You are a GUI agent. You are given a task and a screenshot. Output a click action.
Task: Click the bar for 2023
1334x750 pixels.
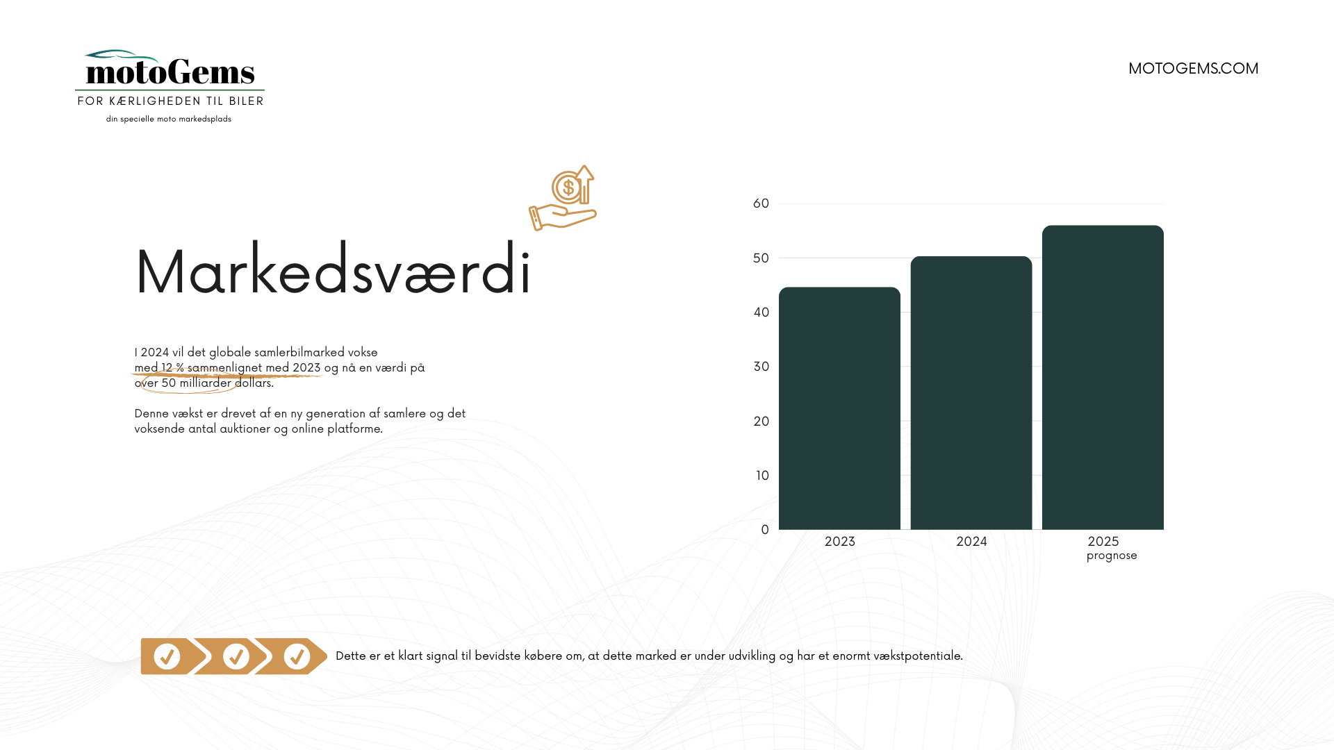[x=839, y=408]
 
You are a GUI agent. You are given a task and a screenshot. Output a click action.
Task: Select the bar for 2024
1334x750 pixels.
[x=971, y=393]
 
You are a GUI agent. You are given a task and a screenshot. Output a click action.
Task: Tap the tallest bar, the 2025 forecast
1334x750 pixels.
[x=1103, y=377]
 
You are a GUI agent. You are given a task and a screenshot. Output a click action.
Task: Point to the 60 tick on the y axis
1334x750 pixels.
[x=761, y=203]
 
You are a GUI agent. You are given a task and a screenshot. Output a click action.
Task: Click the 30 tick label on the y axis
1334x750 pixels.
[x=761, y=367]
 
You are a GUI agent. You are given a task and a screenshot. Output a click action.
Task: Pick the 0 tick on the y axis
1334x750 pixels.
[x=765, y=530]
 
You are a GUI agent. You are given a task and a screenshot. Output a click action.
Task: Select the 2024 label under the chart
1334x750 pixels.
[x=971, y=542]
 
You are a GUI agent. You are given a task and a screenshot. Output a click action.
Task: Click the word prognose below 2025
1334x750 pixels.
[x=1112, y=556]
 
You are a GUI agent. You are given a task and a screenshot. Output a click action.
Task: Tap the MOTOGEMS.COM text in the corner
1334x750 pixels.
[x=1193, y=68]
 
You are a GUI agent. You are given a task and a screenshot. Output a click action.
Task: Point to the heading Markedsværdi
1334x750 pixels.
[x=333, y=270]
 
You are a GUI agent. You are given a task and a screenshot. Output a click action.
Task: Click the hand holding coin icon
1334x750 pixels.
[x=563, y=198]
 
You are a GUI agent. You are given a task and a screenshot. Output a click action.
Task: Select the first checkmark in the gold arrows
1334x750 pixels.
[x=167, y=656]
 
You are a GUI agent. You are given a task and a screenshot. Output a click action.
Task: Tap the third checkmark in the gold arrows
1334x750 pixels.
[x=297, y=656]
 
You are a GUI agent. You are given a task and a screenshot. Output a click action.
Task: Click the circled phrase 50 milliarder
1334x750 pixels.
[x=196, y=383]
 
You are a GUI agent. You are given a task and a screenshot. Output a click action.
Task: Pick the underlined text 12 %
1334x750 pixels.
[x=172, y=367]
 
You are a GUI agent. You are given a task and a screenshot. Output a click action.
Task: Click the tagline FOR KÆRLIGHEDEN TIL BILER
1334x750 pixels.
[x=170, y=101]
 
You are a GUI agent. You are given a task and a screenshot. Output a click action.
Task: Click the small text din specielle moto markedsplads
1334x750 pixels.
[x=169, y=119]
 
